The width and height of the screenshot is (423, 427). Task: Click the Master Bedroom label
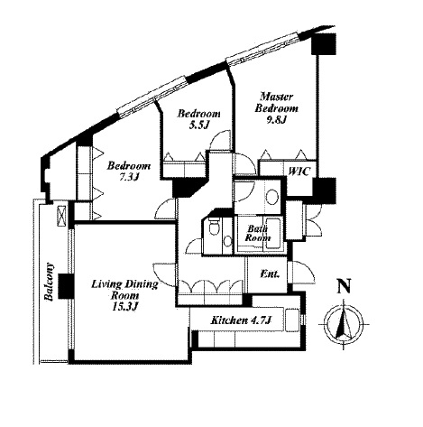[277, 103]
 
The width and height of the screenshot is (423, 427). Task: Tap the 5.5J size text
[198, 125]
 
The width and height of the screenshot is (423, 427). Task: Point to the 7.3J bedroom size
[128, 177]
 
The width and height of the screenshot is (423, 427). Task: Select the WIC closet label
[299, 172]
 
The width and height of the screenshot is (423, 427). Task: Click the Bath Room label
[258, 233]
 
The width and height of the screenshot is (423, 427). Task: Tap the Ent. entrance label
[270, 274]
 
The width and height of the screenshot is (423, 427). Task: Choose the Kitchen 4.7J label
[241, 320]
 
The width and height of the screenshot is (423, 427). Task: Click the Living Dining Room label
[124, 290]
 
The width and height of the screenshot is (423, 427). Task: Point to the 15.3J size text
[124, 307]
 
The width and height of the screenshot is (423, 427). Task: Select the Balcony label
[49, 282]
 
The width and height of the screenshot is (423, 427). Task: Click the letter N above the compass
[344, 286]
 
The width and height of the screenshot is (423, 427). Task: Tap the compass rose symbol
[344, 325]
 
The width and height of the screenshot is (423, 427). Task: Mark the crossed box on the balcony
[60, 216]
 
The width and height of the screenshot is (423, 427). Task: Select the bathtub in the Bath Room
[275, 234]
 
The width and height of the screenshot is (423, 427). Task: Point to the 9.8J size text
[275, 120]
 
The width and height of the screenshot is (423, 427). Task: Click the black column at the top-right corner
[324, 43]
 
